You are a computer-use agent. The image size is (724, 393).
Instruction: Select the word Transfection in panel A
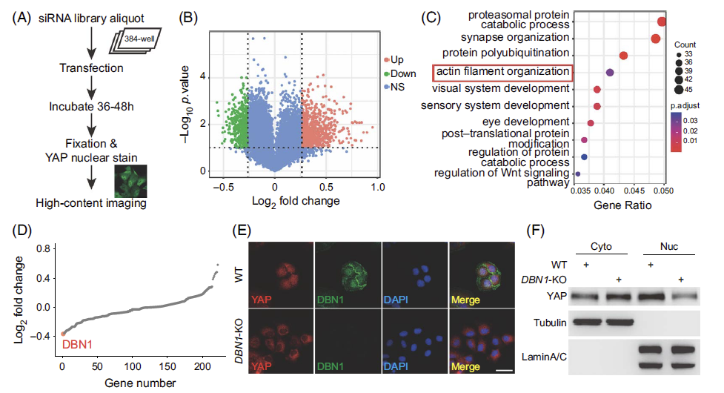[92, 68]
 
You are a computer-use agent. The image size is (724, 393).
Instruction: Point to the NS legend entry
[396, 87]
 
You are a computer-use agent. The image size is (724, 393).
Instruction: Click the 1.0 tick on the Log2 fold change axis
[378, 186]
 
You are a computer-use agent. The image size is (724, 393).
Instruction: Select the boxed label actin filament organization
[502, 72]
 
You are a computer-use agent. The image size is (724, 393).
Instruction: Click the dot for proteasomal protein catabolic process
[662, 23]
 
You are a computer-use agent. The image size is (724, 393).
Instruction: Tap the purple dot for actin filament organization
[610, 72]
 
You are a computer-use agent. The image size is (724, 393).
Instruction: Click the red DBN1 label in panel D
[77, 344]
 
